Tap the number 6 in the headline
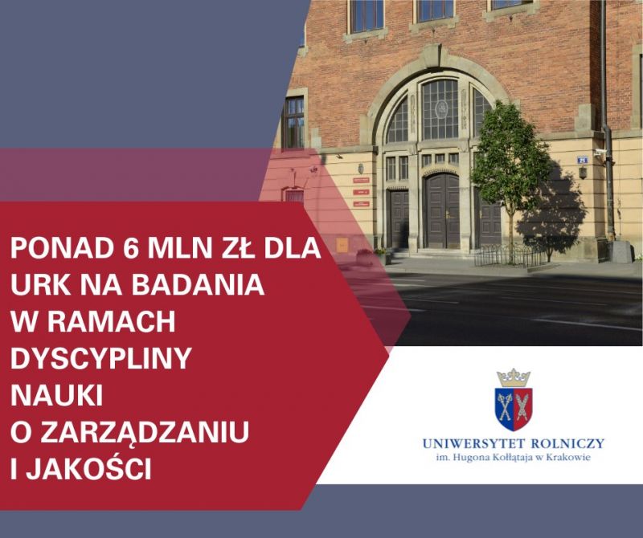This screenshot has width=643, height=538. [131, 247]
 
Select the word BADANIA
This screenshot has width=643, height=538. [198, 284]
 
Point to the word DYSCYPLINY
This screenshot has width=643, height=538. [101, 358]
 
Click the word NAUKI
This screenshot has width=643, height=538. [56, 395]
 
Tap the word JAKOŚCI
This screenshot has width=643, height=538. [89, 468]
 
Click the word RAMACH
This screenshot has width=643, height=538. [112, 322]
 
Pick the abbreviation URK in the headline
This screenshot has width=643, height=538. [41, 284]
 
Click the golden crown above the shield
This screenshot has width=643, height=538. [514, 377]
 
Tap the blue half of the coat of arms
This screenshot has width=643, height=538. [505, 408]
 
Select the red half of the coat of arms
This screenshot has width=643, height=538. [523, 408]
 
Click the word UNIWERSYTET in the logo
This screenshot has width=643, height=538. [472, 443]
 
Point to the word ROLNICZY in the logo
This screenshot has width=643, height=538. [567, 443]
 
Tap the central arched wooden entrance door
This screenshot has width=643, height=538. [441, 211]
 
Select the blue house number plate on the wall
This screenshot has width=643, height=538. [582, 160]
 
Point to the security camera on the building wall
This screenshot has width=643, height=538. [600, 153]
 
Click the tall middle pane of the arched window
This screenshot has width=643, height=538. [440, 109]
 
